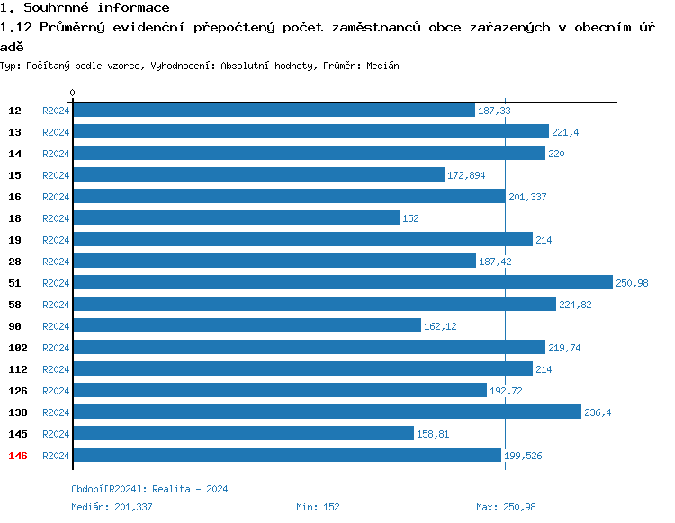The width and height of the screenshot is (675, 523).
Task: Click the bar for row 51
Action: click(342, 282)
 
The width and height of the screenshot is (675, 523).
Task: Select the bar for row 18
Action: click(236, 217)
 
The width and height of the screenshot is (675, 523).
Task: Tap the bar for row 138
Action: click(327, 412)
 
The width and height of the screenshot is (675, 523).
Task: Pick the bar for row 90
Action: click(247, 325)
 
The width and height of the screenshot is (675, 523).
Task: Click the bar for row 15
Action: click(258, 174)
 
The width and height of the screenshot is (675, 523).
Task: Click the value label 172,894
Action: click(465, 175)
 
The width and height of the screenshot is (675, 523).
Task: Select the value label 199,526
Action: click(523, 456)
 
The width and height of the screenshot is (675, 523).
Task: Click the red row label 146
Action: click(18, 456)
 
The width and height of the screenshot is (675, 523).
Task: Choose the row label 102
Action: click(18, 348)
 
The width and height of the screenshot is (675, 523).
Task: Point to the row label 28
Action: click(15, 261)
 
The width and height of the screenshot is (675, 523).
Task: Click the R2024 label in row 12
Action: click(56, 111)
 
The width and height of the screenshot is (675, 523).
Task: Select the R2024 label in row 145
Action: click(56, 434)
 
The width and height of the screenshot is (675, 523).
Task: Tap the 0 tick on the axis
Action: click(73, 93)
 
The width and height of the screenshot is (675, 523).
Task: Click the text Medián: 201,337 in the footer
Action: click(112, 507)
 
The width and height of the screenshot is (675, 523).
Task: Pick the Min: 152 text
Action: click(318, 507)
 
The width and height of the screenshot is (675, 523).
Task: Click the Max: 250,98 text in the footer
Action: click(506, 507)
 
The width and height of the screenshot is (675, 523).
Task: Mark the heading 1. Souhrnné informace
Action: click(85, 8)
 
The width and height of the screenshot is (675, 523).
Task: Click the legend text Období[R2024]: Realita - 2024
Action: click(149, 489)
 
